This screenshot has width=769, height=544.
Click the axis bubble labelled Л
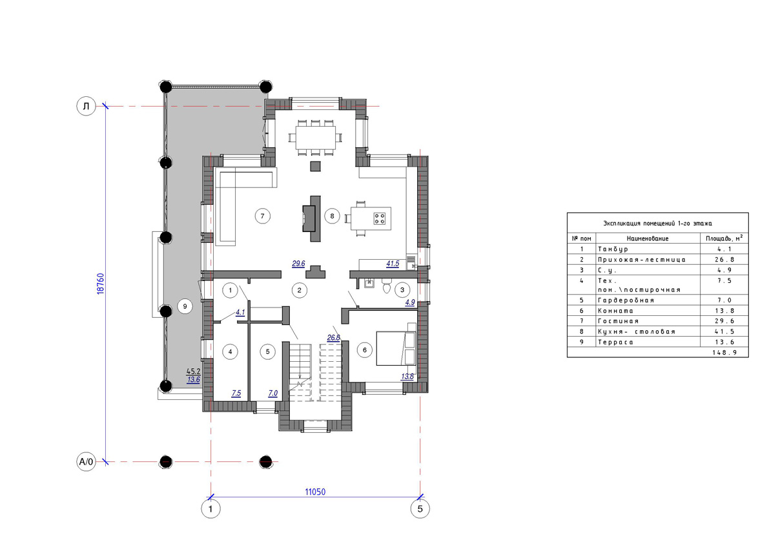click(x=87, y=106)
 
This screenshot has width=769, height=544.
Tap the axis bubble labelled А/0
click(x=87, y=461)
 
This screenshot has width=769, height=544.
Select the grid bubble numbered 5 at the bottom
click(x=420, y=508)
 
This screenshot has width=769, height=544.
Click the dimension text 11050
click(x=315, y=492)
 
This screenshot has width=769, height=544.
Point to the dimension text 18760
click(x=101, y=284)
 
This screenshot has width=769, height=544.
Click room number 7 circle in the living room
click(x=262, y=216)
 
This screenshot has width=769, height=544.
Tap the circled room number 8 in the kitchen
click(x=332, y=216)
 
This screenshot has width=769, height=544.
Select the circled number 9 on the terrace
click(x=185, y=307)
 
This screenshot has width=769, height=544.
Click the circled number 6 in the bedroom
click(x=364, y=350)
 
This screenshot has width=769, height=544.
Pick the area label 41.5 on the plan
click(x=393, y=264)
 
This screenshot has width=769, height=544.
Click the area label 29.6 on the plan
click(x=298, y=264)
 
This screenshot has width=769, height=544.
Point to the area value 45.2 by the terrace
click(x=193, y=372)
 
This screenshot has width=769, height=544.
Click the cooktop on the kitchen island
click(x=380, y=218)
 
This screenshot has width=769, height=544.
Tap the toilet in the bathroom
click(x=387, y=286)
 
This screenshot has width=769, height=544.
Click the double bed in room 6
click(x=396, y=348)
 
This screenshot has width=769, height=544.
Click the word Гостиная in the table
click(x=618, y=321)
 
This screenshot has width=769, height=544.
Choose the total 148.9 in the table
click(x=724, y=352)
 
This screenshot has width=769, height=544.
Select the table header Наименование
click(x=648, y=238)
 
